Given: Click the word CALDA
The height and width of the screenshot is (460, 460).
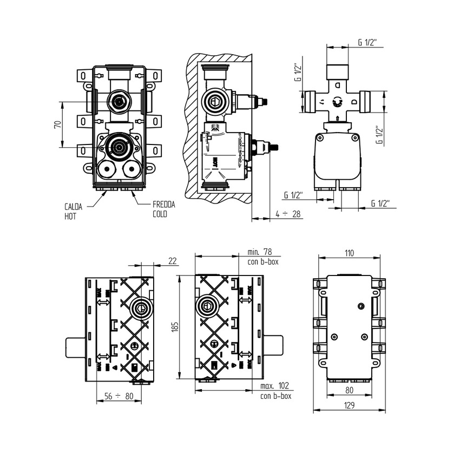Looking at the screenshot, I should point(73,206).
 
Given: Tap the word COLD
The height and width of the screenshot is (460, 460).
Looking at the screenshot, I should point(160,214).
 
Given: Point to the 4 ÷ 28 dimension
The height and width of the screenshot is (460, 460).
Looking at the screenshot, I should point(287,214).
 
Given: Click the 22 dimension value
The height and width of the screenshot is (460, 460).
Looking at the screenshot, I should point(173,261).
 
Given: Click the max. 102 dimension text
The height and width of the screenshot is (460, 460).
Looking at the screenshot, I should point(274,386).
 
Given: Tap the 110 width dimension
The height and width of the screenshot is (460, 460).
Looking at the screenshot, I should point(349,252).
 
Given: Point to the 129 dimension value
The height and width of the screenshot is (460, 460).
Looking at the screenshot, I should point(350,406).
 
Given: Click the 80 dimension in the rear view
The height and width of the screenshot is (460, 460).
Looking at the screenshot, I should point(350,389).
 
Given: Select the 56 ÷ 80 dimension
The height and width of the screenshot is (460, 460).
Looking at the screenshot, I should point(118,396).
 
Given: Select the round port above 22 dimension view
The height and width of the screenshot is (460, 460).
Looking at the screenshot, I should point(141,308).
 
